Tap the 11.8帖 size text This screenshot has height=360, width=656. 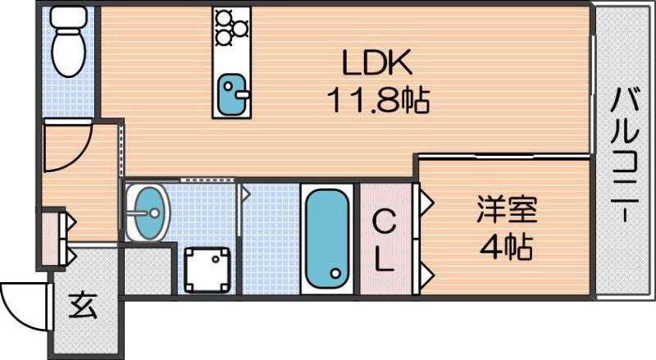[379, 101]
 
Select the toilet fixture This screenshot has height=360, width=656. [66, 45]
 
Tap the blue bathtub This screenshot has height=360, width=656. [327, 239]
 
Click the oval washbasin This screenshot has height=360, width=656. [148, 212]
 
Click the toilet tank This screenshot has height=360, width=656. [65, 16]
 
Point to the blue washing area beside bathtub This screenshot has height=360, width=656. [270, 238]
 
